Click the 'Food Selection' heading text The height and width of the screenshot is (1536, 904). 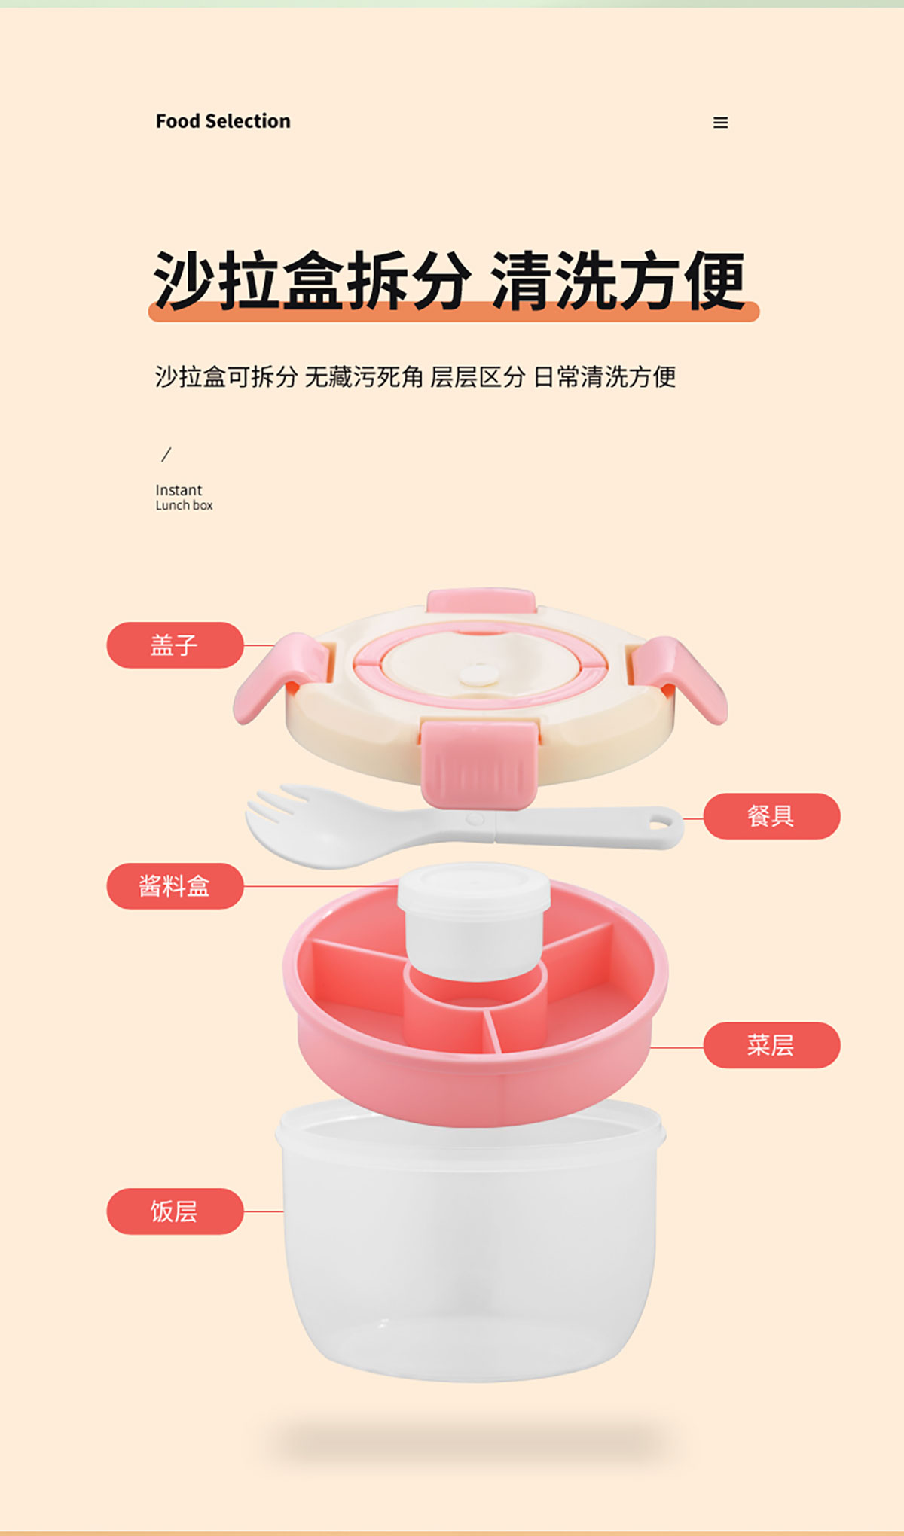[x=223, y=121]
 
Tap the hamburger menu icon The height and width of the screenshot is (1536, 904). [x=721, y=123]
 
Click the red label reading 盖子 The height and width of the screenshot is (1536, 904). [x=175, y=645]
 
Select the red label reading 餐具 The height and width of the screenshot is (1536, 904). [x=771, y=816]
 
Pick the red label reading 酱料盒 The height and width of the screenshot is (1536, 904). [x=175, y=886]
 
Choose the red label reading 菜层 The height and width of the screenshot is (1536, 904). [x=771, y=1045]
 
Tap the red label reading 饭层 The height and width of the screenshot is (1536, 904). [x=175, y=1211]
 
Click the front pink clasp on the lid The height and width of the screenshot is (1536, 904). [x=480, y=763]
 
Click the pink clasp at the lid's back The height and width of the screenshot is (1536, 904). [x=481, y=601]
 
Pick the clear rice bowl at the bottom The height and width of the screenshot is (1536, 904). [x=471, y=1242]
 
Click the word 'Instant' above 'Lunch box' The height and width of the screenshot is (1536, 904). [x=179, y=490]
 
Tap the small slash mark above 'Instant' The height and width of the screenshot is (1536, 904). [x=166, y=454]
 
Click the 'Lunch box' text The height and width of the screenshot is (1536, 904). [x=184, y=506]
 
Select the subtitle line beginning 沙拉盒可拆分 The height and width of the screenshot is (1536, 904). [x=415, y=376]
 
